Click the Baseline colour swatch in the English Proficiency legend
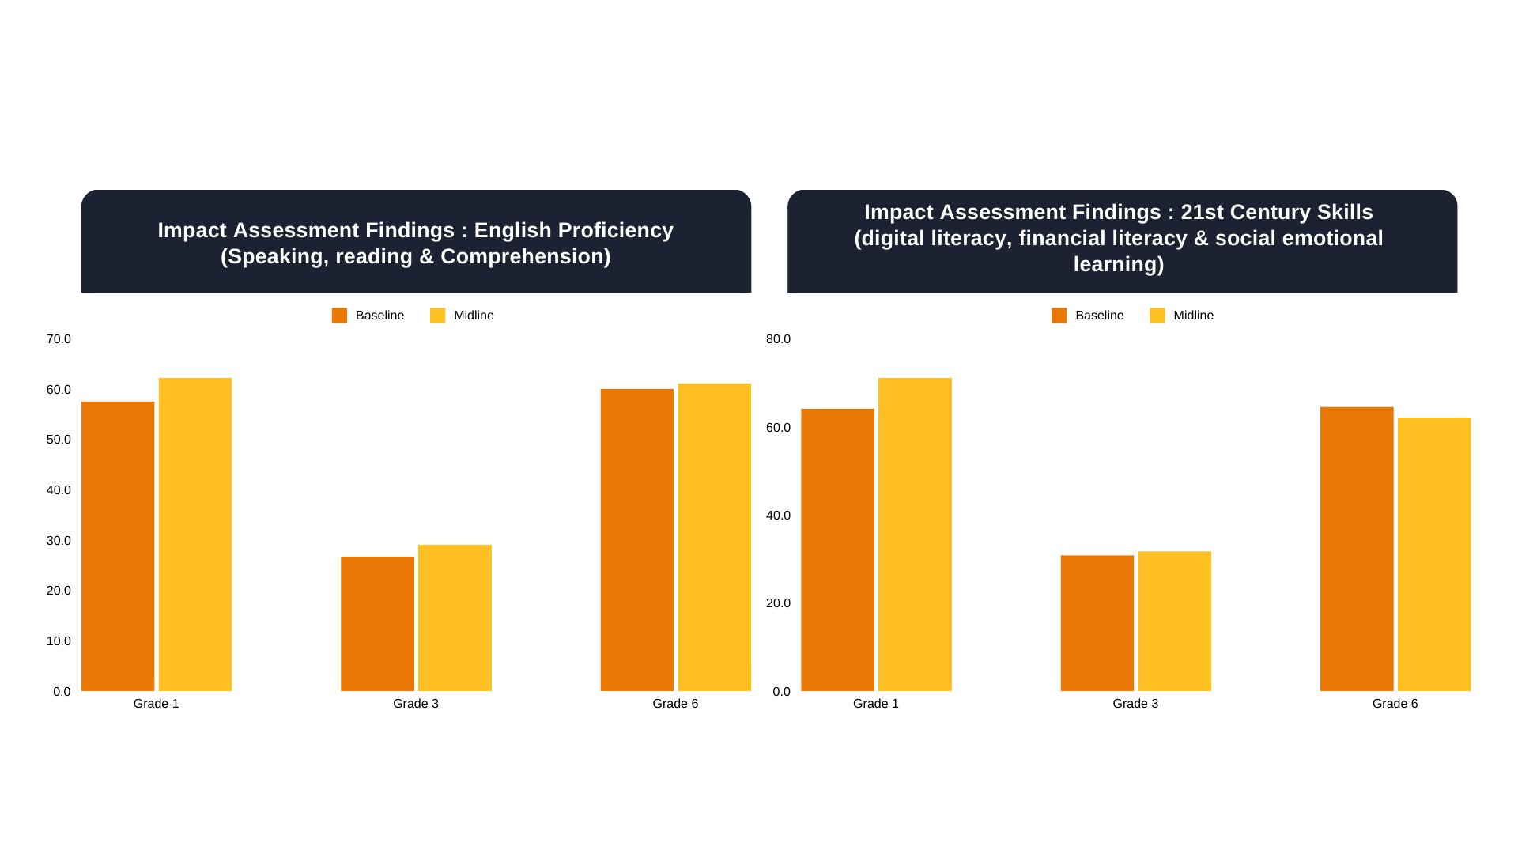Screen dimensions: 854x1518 pyautogui.click(x=339, y=316)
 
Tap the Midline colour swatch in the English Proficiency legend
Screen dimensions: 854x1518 pyautogui.click(x=437, y=316)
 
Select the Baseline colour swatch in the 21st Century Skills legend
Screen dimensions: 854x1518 pyautogui.click(x=1059, y=316)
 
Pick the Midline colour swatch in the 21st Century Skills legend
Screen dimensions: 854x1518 pyautogui.click(x=1157, y=316)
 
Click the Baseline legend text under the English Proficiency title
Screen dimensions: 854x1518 pyautogui.click(x=379, y=316)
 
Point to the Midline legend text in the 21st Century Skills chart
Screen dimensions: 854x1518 pyautogui.click(x=1193, y=316)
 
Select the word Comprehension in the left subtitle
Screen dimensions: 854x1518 pyautogui.click(x=525, y=256)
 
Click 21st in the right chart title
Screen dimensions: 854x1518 pyautogui.click(x=1202, y=212)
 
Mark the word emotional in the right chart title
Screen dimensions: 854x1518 pyautogui.click(x=1341, y=238)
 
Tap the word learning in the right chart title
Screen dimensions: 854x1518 pyautogui.click(x=1117, y=264)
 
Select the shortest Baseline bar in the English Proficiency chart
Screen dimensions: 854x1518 pyautogui.click(x=377, y=624)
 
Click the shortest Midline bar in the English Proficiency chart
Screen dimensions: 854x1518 pyautogui.click(x=455, y=618)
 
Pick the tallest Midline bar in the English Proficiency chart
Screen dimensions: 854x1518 pyautogui.click(x=195, y=535)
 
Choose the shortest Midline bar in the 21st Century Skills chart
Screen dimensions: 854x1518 pyautogui.click(x=1174, y=621)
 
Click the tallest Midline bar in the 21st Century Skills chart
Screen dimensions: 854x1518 pyautogui.click(x=915, y=535)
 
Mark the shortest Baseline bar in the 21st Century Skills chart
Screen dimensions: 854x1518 pyautogui.click(x=1097, y=623)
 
